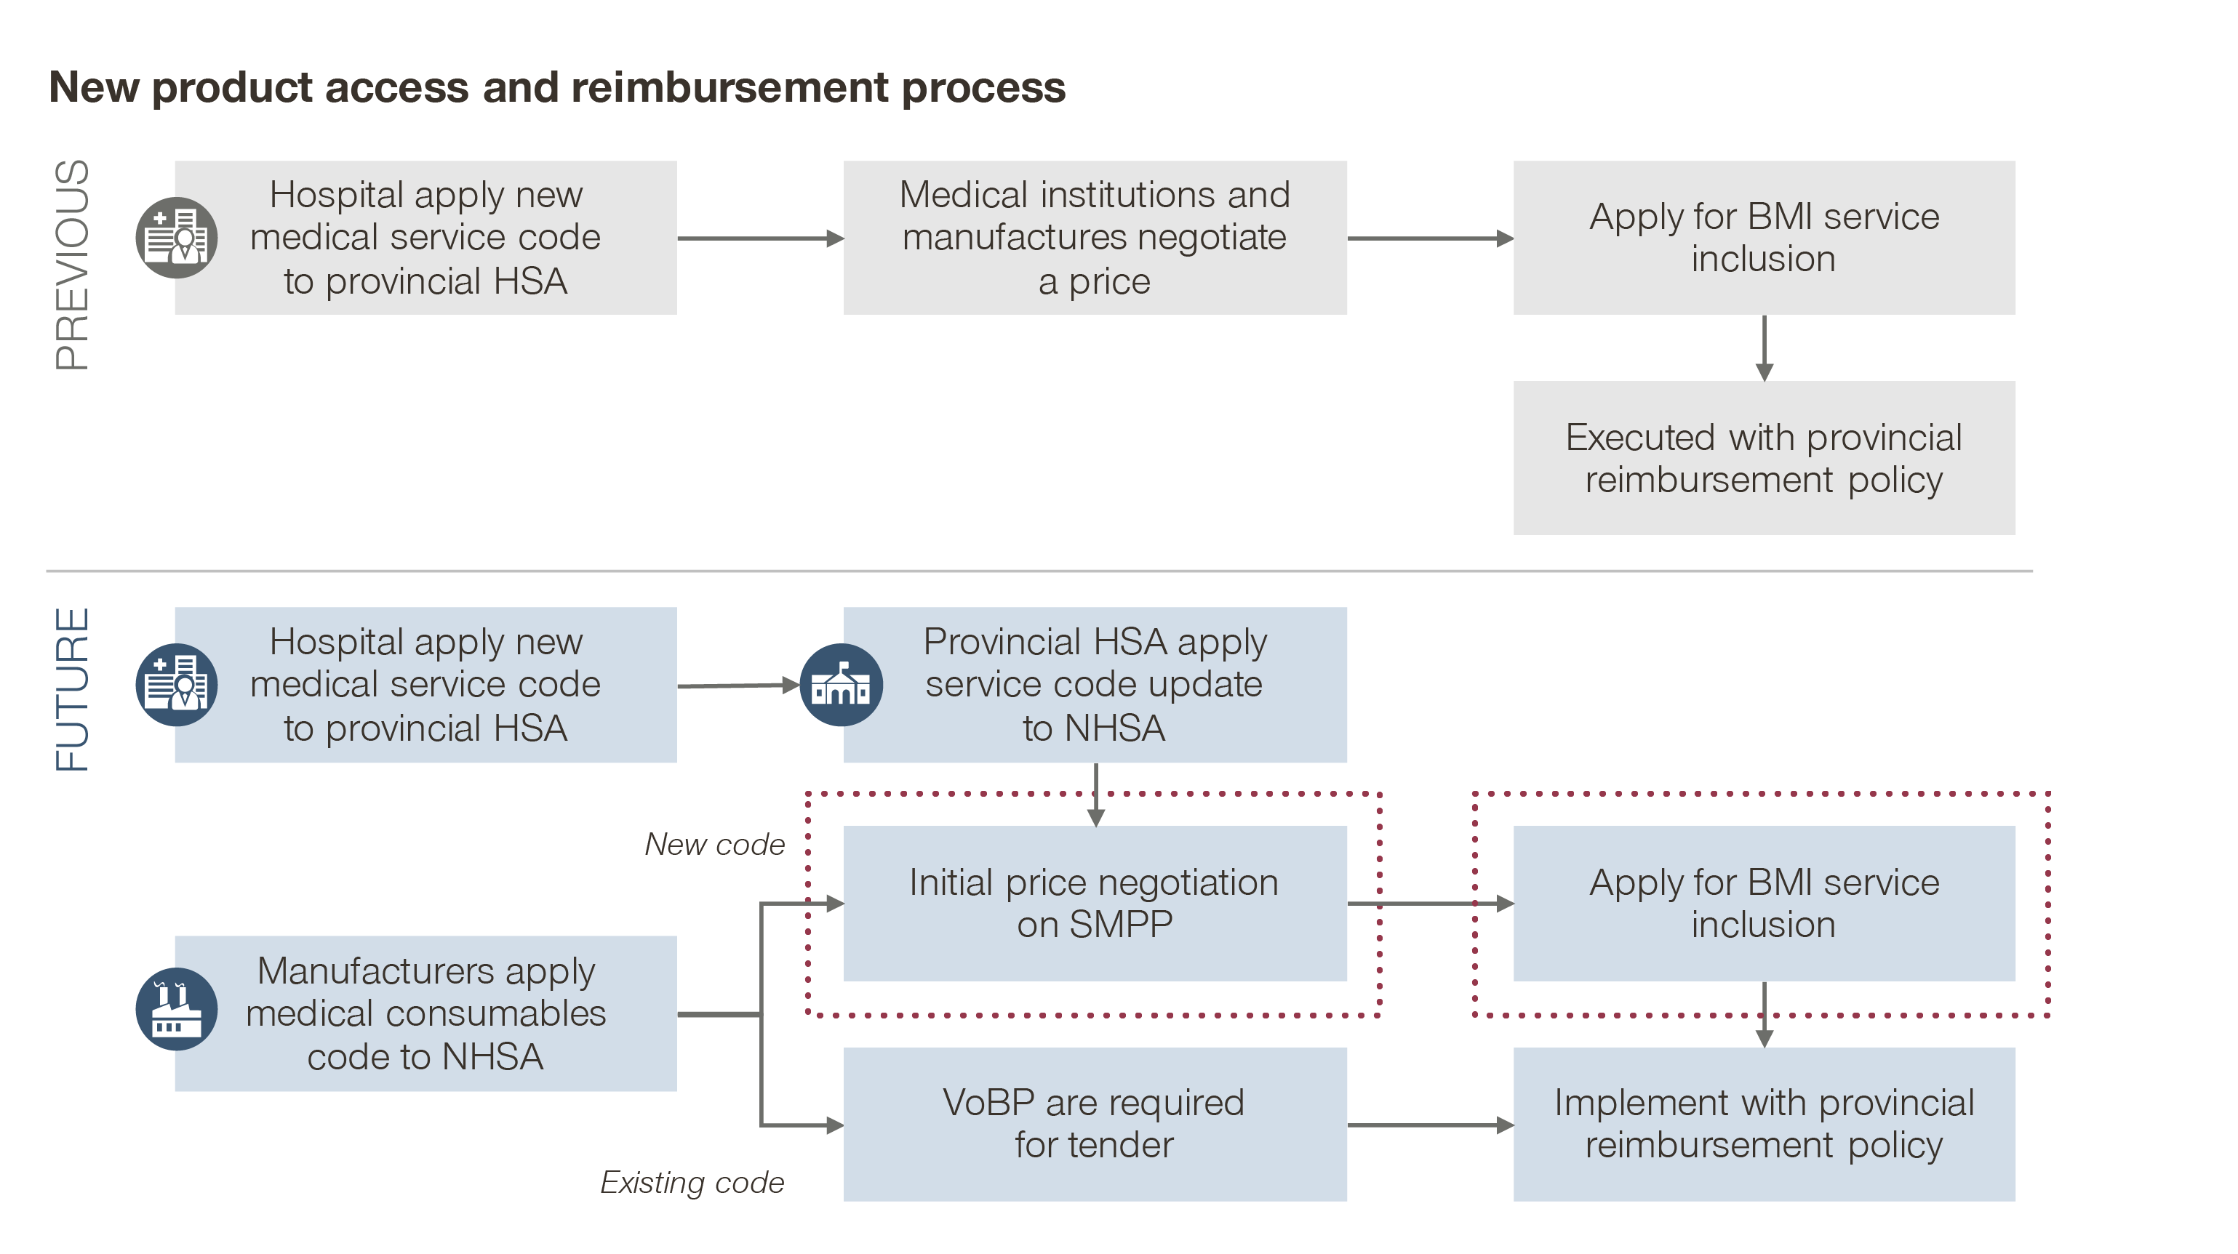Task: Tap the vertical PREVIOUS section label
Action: tap(71, 265)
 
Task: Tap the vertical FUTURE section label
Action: tap(71, 688)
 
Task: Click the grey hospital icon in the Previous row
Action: tap(176, 238)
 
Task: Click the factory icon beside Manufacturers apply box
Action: tap(176, 1009)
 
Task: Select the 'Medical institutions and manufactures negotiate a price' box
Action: tap(1095, 238)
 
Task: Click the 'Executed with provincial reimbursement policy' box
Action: tap(1764, 458)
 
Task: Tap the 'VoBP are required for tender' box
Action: tap(1095, 1124)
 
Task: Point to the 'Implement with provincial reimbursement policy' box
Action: tap(1764, 1124)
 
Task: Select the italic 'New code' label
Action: tap(714, 844)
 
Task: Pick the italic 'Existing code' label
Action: tap(692, 1182)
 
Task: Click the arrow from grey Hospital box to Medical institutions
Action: tap(759, 238)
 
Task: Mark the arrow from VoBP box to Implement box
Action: tap(1430, 1125)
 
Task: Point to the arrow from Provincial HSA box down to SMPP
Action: tap(1095, 794)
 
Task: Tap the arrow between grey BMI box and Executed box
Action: tap(1764, 347)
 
